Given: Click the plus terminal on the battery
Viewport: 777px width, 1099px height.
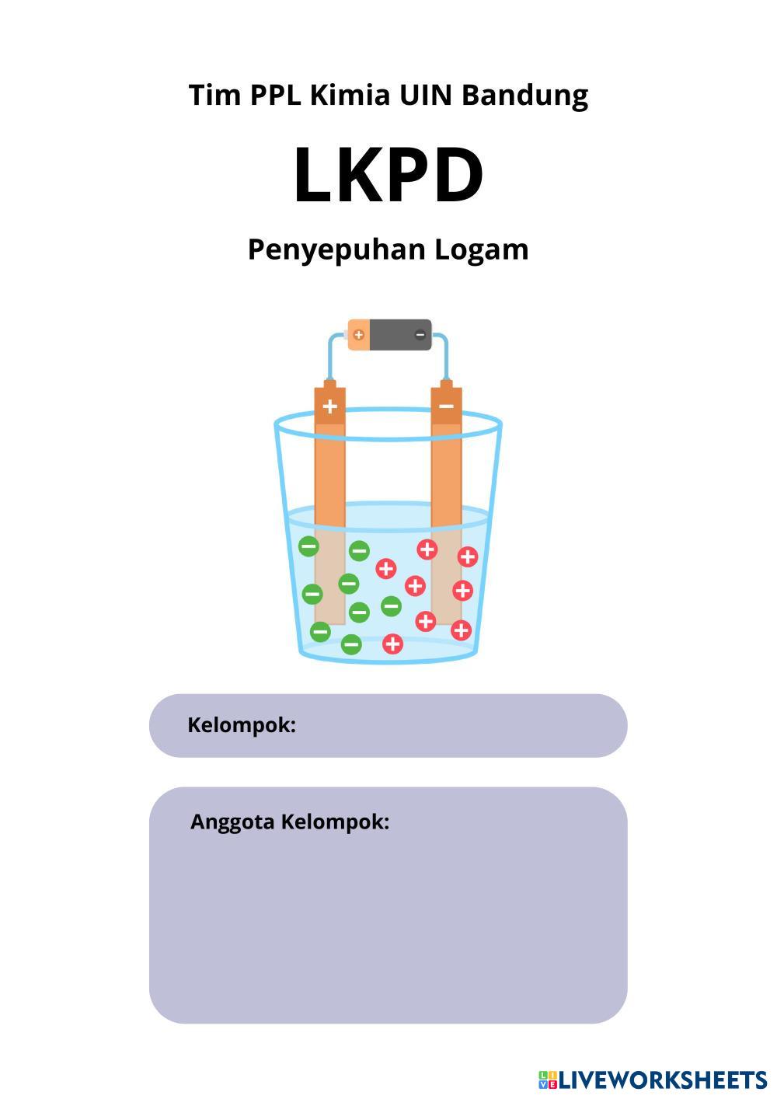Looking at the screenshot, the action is click(x=358, y=334).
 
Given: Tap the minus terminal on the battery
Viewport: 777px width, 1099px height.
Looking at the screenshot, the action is click(x=420, y=334).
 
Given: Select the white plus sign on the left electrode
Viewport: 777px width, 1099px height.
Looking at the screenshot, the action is click(x=330, y=406).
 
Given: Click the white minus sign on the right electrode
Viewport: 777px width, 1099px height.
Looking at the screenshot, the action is click(x=446, y=406).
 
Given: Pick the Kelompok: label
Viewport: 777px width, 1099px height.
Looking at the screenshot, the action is click(x=242, y=725).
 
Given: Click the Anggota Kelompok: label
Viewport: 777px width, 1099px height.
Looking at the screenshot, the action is click(x=290, y=822).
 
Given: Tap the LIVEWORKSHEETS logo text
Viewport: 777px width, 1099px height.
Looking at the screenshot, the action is click(x=663, y=1080).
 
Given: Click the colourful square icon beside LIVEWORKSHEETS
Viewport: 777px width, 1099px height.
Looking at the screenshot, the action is click(x=548, y=1080).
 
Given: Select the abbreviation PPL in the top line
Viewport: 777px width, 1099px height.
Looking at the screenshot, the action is click(x=276, y=95).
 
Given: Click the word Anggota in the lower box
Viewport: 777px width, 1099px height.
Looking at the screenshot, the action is click(x=232, y=822).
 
